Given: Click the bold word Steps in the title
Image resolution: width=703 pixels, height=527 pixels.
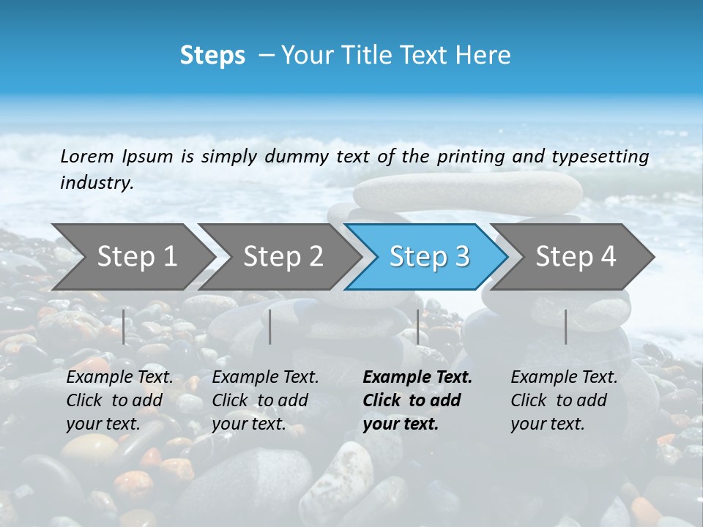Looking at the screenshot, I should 212,56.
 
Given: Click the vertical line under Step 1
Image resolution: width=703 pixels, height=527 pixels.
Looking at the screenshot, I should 124,326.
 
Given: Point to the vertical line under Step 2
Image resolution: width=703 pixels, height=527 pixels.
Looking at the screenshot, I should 270,326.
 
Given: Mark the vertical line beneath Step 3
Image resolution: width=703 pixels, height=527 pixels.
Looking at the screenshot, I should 417,326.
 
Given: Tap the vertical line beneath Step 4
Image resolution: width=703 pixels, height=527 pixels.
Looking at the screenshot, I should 565,326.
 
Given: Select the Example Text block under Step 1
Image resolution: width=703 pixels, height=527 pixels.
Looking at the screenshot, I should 119,400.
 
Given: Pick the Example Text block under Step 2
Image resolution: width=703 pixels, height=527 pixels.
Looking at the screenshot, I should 265,400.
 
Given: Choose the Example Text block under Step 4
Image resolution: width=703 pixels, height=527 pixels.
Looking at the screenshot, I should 564,400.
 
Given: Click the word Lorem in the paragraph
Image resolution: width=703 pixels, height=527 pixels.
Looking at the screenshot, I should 87,157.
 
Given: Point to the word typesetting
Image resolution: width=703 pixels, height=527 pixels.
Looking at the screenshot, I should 605,157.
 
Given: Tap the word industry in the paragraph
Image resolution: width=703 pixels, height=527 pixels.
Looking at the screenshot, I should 96,182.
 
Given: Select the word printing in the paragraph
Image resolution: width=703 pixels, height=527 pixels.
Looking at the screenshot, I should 471,157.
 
